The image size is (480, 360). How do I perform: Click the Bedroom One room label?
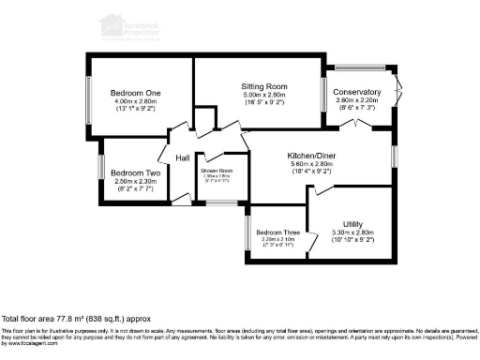(x=137, y=93)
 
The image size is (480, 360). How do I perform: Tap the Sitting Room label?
(x=263, y=86)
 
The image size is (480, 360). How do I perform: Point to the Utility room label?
(x=352, y=224)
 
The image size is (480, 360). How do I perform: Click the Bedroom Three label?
(x=277, y=232)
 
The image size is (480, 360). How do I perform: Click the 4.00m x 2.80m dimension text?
(x=137, y=101)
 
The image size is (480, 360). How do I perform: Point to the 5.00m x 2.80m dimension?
(x=263, y=95)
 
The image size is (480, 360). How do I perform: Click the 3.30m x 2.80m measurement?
(x=352, y=232)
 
